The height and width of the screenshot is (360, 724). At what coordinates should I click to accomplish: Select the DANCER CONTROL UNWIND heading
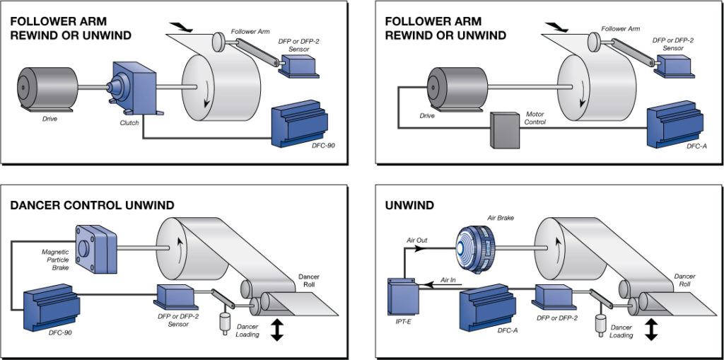click(x=92, y=205)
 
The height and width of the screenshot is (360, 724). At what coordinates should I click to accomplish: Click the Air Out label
click(x=416, y=240)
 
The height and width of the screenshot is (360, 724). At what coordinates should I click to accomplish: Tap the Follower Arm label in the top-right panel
click(x=620, y=29)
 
